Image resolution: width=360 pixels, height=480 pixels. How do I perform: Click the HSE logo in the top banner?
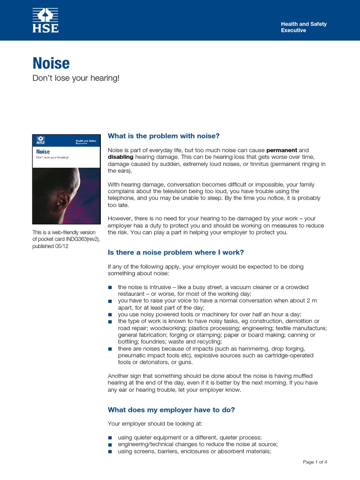45,20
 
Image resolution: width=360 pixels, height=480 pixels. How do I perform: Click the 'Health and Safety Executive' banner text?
303,27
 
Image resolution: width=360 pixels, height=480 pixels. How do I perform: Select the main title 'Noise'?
51,63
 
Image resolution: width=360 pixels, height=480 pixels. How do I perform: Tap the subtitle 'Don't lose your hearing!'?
76,78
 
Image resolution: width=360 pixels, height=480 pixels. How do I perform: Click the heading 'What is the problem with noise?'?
164,136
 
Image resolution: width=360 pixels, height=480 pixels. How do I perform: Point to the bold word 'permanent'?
282,150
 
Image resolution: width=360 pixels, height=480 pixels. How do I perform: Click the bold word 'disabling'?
120,157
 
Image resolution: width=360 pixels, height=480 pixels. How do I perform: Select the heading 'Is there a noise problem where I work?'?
176,252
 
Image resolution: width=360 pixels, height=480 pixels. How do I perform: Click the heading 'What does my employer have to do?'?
171,410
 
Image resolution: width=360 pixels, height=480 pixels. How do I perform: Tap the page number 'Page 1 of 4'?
315,462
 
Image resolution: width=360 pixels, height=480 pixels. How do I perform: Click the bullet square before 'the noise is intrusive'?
110,287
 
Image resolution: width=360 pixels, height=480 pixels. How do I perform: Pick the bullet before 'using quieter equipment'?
110,437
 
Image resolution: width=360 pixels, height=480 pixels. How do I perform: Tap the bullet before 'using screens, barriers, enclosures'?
110,452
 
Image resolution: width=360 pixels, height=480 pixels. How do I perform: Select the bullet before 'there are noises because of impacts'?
110,349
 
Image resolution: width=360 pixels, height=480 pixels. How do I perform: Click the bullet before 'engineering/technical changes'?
110,444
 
